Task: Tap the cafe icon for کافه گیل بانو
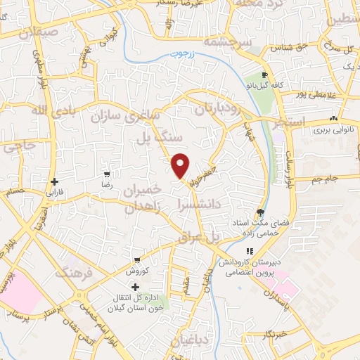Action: tap(265, 75)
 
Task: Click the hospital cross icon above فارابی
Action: tap(55, 181)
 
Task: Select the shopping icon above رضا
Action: tap(106, 174)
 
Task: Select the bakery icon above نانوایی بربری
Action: tap(333, 119)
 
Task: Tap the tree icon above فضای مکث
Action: tap(260, 212)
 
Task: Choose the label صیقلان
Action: tap(38, 32)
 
